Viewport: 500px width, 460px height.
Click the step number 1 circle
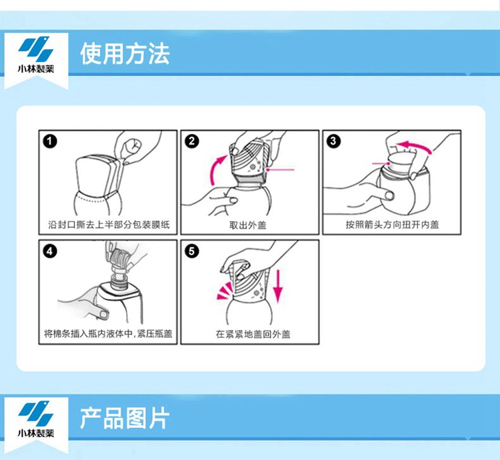tap(50, 141)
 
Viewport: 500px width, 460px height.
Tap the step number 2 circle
tap(192, 141)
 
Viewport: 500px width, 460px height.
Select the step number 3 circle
tap(333, 141)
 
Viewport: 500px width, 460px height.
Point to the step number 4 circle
tap(50, 251)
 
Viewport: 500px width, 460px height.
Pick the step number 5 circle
tap(191, 251)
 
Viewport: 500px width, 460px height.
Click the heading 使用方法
tap(125, 54)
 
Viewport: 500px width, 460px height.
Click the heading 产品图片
tap(125, 418)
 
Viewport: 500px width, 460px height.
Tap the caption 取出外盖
tap(248, 225)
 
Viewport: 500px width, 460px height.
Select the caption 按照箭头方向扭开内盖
tap(392, 225)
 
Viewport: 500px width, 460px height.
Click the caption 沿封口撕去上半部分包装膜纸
tap(109, 225)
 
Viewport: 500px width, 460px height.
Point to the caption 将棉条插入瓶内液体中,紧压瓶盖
tap(108, 334)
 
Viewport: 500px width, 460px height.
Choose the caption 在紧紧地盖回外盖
tap(253, 334)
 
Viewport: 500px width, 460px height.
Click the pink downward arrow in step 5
tap(278, 286)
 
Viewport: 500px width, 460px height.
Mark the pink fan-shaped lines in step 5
tap(225, 291)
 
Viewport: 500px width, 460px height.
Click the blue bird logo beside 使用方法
tap(35, 49)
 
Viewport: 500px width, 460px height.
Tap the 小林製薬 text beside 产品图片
tap(36, 433)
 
